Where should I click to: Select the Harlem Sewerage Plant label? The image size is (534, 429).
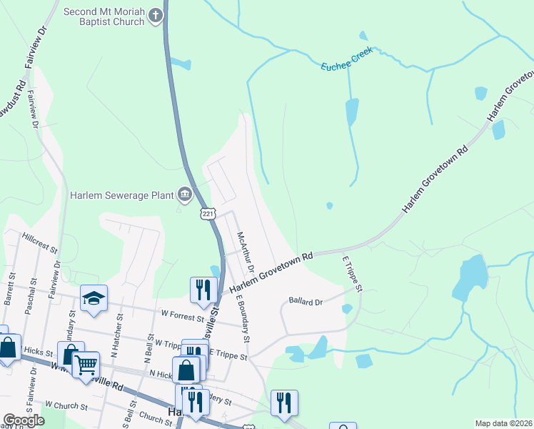coord(121,194)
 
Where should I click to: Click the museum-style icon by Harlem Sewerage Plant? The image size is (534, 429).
coord(185,194)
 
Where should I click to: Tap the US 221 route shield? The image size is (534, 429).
coord(207,214)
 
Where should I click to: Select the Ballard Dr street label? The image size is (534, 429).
coord(306,302)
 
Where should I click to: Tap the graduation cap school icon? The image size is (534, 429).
coord(94,298)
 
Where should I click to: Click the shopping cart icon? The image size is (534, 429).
coord(86,364)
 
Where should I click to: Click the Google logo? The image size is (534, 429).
coord(24,420)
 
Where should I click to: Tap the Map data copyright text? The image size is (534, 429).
coord(503,423)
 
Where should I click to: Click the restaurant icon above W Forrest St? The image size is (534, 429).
coord(203,289)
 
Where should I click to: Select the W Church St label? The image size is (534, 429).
coord(66,406)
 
